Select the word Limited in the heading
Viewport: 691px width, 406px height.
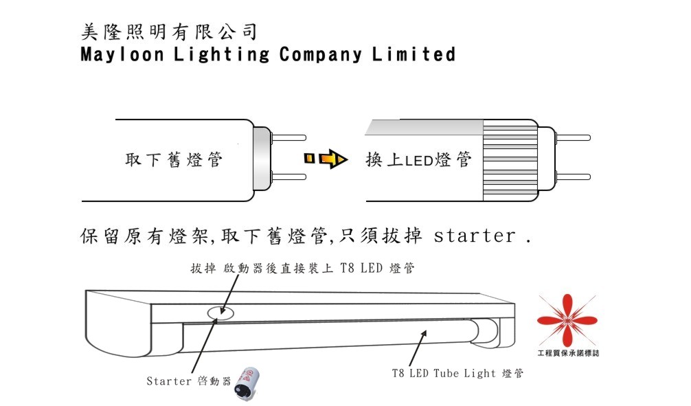414,54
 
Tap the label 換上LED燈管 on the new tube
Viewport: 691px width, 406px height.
419,161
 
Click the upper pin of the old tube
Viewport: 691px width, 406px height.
288,137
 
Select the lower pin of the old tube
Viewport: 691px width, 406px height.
288,177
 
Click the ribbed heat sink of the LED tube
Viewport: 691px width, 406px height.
510,162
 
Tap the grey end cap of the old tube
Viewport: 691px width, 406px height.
262,159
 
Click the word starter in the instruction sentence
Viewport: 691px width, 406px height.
475,237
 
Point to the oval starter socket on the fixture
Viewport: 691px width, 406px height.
220,313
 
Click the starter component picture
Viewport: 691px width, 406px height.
244,382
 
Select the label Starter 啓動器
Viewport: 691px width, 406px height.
188,381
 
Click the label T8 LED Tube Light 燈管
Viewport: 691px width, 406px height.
457,374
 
